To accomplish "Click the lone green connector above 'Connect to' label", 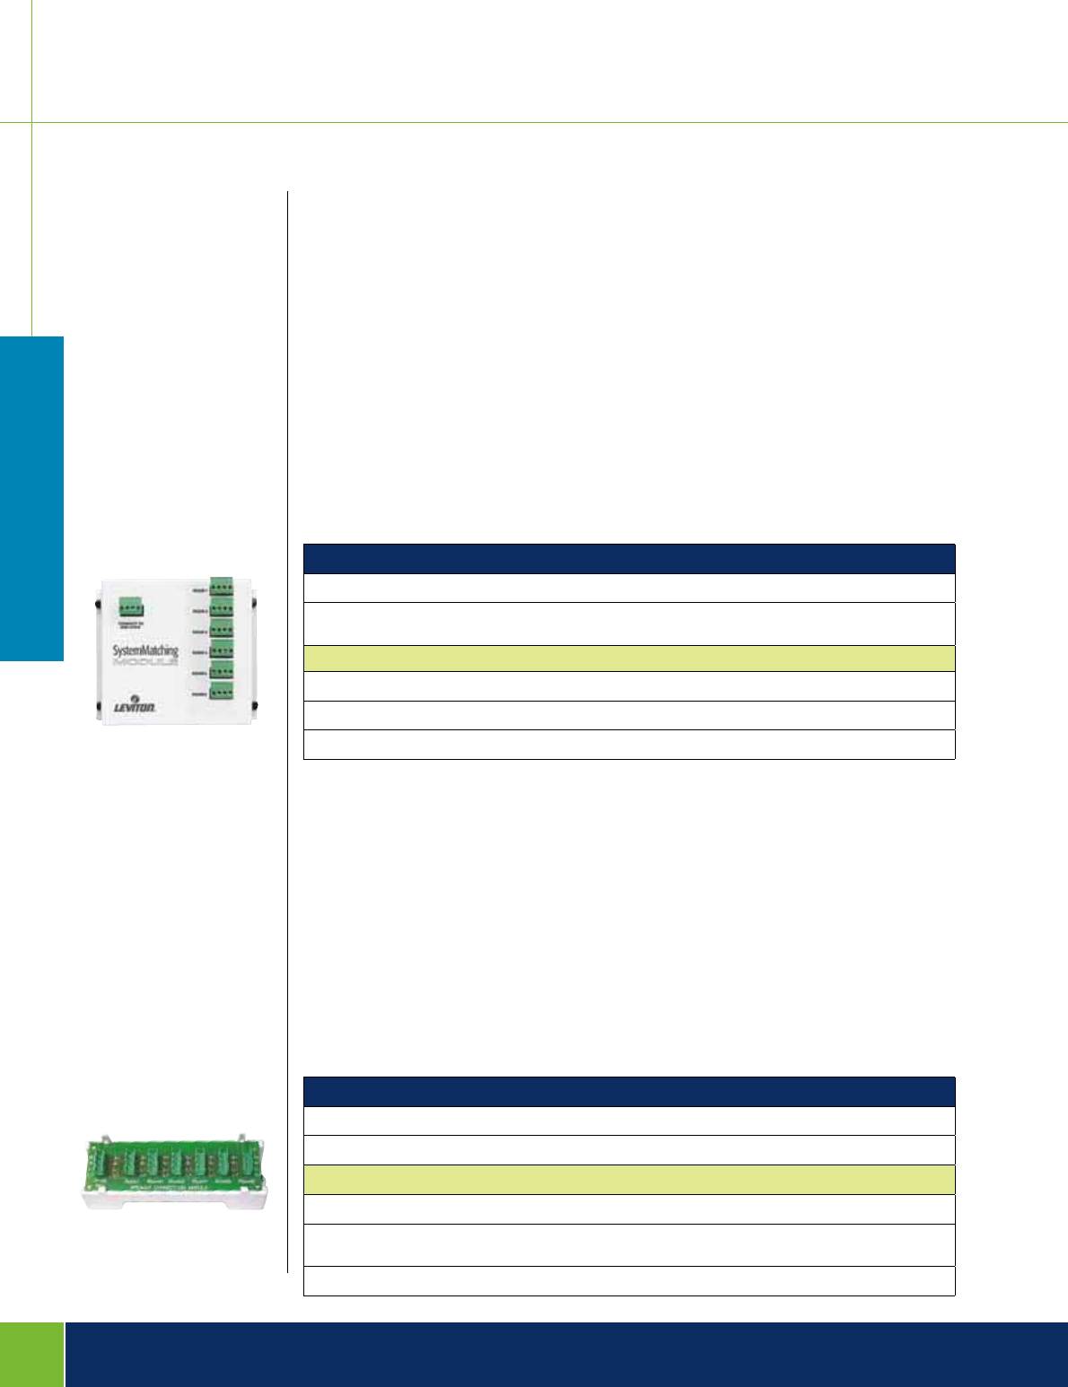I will [131, 608].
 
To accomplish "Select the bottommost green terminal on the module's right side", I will [222, 691].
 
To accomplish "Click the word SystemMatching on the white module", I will [145, 650].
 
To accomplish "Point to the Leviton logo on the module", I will [135, 707].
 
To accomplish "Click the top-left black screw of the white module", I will [98, 603].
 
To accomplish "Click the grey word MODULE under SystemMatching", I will [145, 665].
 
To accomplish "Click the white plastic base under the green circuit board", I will [175, 1198].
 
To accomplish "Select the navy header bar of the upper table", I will [629, 558].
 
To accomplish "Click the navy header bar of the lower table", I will [629, 1091].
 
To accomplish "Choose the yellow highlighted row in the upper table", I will [629, 659].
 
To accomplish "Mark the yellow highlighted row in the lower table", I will [629, 1179].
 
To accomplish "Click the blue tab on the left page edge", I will [31, 498].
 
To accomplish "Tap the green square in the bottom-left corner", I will [31, 1354].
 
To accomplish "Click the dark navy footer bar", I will [565, 1354].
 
